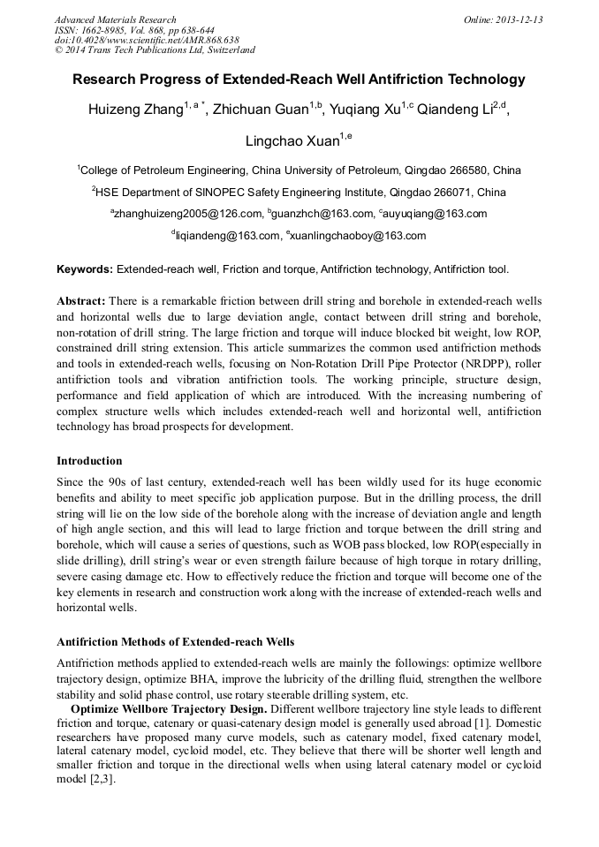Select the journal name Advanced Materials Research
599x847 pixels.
(116, 19)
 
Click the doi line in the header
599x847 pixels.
(147, 41)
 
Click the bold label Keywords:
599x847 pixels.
(85, 268)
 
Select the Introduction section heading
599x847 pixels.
(89, 460)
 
